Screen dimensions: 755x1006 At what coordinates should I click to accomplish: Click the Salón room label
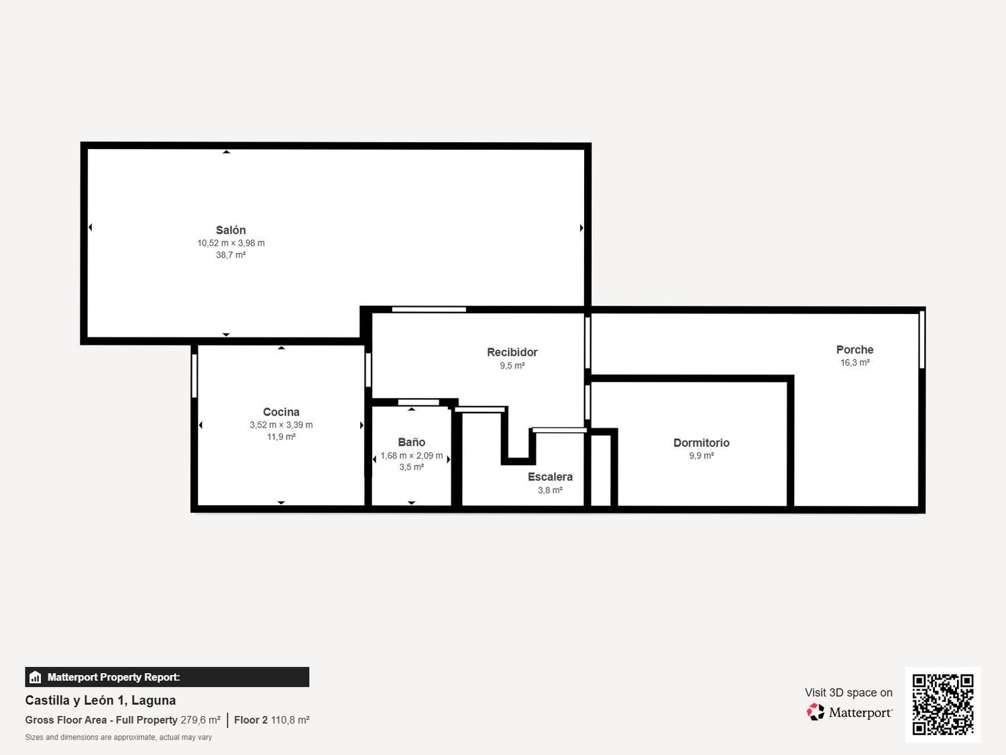click(x=231, y=230)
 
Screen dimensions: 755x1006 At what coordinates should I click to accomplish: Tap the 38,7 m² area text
click(x=231, y=255)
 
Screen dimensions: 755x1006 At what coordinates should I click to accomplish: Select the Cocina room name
click(x=281, y=412)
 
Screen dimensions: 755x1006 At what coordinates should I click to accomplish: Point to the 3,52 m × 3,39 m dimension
click(x=281, y=425)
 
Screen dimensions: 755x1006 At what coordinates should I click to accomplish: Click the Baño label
click(x=411, y=442)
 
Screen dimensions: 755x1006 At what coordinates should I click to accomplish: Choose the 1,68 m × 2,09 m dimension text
click(x=411, y=456)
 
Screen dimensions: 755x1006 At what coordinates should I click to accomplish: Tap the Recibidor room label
click(x=512, y=352)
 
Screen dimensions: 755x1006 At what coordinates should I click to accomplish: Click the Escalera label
click(x=550, y=477)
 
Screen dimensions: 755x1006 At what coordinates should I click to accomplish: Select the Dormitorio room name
click(x=701, y=443)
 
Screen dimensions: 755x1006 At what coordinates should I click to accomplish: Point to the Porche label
click(x=854, y=350)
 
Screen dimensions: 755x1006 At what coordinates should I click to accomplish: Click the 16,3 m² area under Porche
click(x=854, y=362)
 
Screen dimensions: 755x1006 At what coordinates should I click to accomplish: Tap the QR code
click(x=942, y=704)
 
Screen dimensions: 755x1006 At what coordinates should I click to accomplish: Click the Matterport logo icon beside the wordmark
click(x=816, y=712)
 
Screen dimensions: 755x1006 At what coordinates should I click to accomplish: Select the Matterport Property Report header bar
click(x=167, y=677)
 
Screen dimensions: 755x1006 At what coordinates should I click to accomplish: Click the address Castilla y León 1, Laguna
click(x=101, y=701)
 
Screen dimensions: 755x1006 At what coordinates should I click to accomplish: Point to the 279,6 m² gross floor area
click(x=201, y=720)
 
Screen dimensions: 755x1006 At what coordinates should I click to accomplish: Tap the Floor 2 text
click(x=251, y=720)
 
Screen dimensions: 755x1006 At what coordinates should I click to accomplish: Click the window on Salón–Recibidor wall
click(x=429, y=309)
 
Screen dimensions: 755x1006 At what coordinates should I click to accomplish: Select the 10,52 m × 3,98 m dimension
click(x=231, y=243)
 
